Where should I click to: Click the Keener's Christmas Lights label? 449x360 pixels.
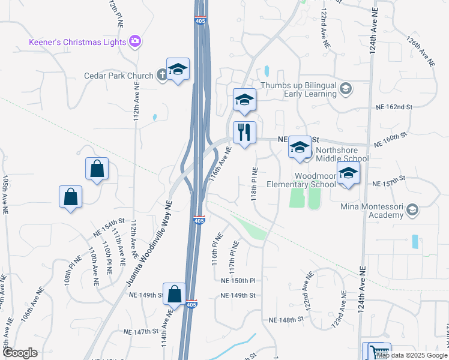point(77,42)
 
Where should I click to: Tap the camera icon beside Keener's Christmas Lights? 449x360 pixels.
point(136,41)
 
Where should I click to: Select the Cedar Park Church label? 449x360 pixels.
point(118,76)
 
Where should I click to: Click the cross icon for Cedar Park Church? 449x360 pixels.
point(161,75)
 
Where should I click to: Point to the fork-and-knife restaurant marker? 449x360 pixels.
point(244,133)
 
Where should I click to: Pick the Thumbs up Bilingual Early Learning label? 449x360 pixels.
point(298,89)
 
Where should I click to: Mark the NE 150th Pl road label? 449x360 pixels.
point(238,280)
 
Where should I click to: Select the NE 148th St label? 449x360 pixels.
point(291,320)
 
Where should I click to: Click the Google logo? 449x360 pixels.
point(20,353)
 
